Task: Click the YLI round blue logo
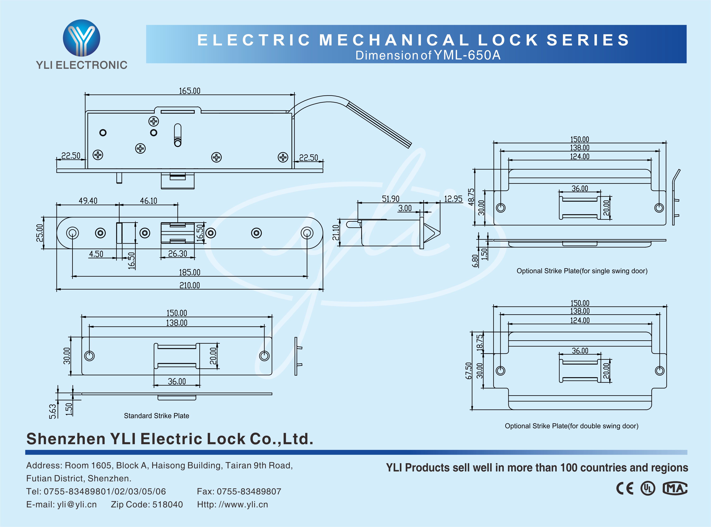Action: coord(81,38)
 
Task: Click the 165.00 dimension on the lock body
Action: coord(189,91)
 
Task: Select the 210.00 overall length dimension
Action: coord(189,285)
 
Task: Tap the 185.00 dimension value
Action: coord(189,272)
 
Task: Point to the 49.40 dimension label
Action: coord(88,201)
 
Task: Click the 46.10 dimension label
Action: coord(148,201)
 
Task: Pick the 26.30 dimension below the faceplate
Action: coord(178,254)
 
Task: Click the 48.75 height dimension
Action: coord(471,197)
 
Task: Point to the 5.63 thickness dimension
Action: coord(53,411)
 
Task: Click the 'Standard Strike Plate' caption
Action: coord(157,416)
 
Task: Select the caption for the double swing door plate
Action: coord(571,426)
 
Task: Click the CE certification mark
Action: coord(625,488)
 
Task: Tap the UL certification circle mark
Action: coord(648,488)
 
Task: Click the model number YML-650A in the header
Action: coord(467,55)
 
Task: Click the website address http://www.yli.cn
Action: coord(232,504)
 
